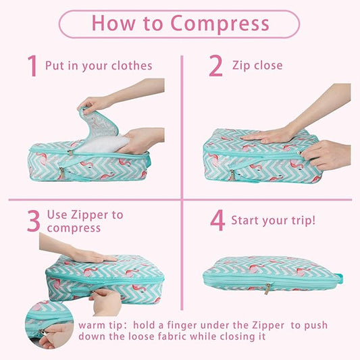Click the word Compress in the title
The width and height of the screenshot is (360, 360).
click(220, 24)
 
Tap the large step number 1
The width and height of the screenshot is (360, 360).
click(32, 66)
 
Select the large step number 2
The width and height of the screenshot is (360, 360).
click(215, 66)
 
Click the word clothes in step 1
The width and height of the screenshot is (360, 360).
click(132, 66)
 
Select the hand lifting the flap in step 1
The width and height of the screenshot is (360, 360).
click(98, 103)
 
